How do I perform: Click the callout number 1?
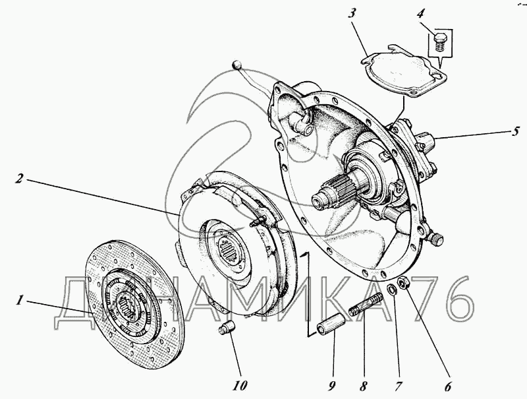pos(20,300)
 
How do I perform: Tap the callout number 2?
pos(20,179)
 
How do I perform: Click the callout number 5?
pos(516,131)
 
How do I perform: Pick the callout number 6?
pos(447,387)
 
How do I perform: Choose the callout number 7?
pos(398,387)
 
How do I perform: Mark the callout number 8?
pos(363,387)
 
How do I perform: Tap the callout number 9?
pos(331,387)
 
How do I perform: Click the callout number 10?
pos(240,386)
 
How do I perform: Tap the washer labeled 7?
pos(391,289)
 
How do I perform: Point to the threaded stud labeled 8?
pos(366,305)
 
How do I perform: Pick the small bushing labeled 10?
pos(227,327)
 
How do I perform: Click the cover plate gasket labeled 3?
pos(403,71)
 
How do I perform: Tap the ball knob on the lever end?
pos(237,65)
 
